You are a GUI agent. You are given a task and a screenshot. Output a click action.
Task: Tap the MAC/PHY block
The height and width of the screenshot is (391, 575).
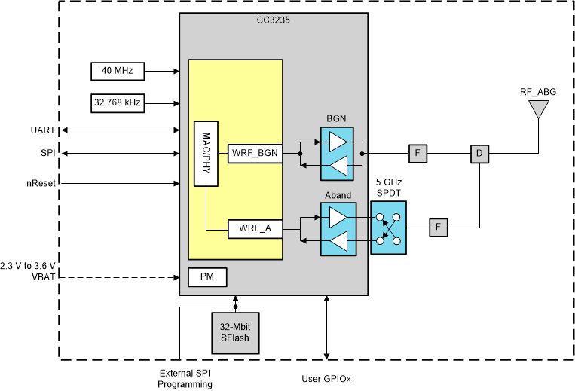pos(205,154)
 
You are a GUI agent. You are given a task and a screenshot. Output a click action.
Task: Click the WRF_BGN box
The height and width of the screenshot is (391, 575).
pos(254,154)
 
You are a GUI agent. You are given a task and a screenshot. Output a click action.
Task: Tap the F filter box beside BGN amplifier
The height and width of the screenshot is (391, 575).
pos(419,154)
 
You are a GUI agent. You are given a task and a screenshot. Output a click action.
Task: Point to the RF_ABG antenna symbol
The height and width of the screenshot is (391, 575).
pos(537,110)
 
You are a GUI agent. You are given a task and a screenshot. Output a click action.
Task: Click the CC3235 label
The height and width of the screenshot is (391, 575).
pos(274,21)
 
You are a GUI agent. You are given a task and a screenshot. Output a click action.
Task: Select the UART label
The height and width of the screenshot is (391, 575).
pos(43,130)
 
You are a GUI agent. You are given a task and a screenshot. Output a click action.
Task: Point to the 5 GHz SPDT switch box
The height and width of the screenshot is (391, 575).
pos(388,228)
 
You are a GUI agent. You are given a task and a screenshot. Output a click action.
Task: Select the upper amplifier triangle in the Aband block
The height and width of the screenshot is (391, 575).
pos(338,216)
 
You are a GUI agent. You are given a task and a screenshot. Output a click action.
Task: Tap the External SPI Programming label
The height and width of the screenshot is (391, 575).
pos(184,379)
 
